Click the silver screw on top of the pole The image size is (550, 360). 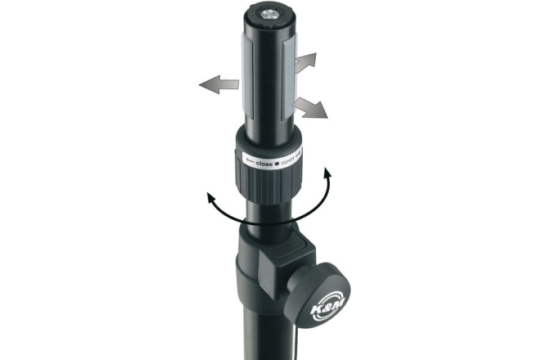pos(269,15)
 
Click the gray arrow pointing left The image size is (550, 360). pos(219,84)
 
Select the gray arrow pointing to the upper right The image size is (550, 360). pos(305,62)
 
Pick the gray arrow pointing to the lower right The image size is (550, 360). pos(309,108)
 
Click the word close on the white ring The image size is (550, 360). pos(264,164)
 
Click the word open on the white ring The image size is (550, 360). pos(288,161)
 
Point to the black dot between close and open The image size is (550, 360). pos(277,163)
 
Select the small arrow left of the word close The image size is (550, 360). pos(250,161)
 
